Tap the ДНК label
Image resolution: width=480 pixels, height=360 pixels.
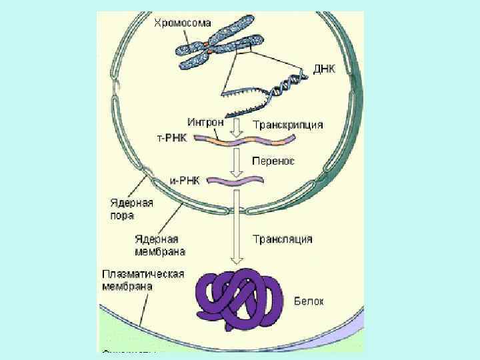pyautogui.click(x=325, y=69)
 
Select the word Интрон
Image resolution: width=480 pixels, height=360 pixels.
pyautogui.click(x=205, y=123)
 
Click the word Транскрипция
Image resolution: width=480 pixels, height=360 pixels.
pyautogui.click(x=289, y=125)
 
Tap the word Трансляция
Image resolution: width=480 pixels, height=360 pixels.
pyautogui.click(x=283, y=238)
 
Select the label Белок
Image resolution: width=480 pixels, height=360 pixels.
pyautogui.click(x=309, y=301)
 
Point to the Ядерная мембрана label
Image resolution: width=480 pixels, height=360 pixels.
pyautogui.click(x=159, y=245)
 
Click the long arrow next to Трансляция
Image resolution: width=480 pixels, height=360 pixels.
pyautogui.click(x=235, y=227)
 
